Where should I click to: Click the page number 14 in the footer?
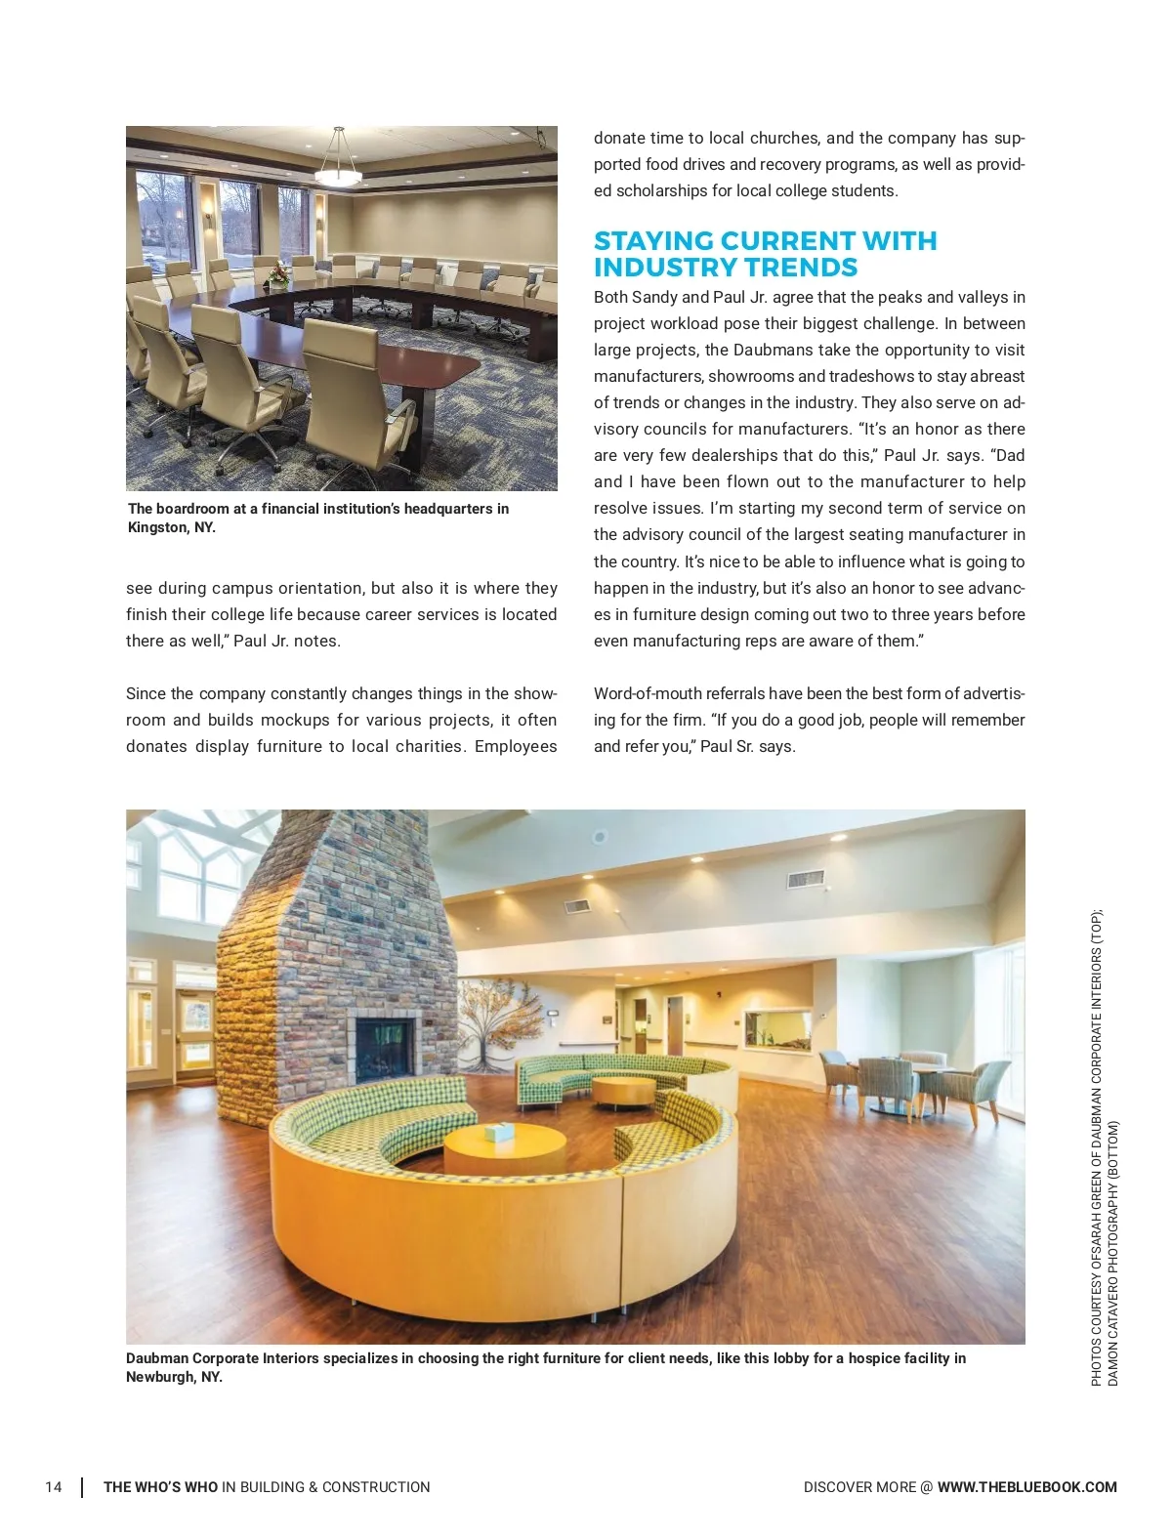coord(53,1487)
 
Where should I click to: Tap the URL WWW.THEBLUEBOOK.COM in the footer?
coord(1026,1487)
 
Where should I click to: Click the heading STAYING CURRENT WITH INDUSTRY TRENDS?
coord(765,254)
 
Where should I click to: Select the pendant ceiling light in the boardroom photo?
coord(338,172)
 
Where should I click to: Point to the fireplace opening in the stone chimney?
coord(384,1048)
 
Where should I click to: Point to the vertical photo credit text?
coord(1105,1147)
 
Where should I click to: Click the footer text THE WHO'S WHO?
coord(161,1487)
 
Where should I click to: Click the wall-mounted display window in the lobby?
coord(778,1030)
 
